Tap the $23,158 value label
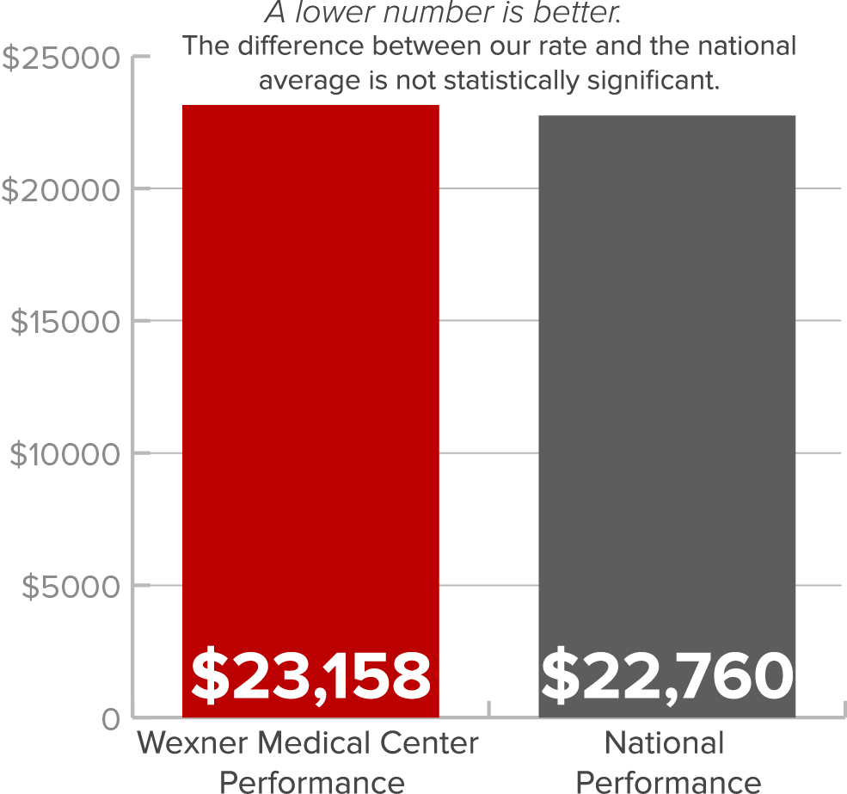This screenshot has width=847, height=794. coord(310,675)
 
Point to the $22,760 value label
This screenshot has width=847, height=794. coord(666,675)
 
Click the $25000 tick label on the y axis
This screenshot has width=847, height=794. coord(61,58)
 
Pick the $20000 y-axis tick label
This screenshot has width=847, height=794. coord(61,189)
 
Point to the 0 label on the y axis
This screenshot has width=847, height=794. coord(111,718)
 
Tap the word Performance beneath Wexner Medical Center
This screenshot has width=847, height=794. coord(311,781)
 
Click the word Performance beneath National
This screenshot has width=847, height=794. coord(667,781)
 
